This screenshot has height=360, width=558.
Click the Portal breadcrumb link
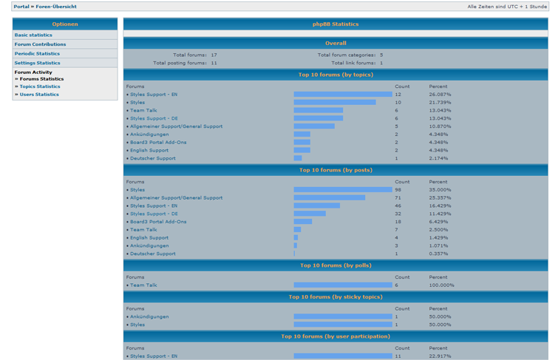click(21, 7)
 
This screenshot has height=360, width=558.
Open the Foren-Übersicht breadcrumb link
click(56, 7)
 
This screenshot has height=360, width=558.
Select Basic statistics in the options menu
click(33, 35)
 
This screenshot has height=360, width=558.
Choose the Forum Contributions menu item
click(40, 44)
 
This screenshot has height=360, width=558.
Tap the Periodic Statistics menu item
click(37, 54)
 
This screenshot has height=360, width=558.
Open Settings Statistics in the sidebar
click(37, 63)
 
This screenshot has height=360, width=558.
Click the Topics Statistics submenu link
click(40, 86)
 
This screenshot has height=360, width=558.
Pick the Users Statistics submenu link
click(39, 95)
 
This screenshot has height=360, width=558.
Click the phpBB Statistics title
click(335, 24)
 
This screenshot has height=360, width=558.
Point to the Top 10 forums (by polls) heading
click(335, 265)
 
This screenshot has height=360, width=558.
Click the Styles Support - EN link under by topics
click(154, 95)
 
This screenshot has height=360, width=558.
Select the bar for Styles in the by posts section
click(342, 190)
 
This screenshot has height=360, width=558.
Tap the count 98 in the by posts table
click(398, 190)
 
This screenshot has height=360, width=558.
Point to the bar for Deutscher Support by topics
click(298, 158)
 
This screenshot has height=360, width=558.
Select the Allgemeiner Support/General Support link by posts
click(176, 198)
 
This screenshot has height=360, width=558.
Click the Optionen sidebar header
click(64, 24)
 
